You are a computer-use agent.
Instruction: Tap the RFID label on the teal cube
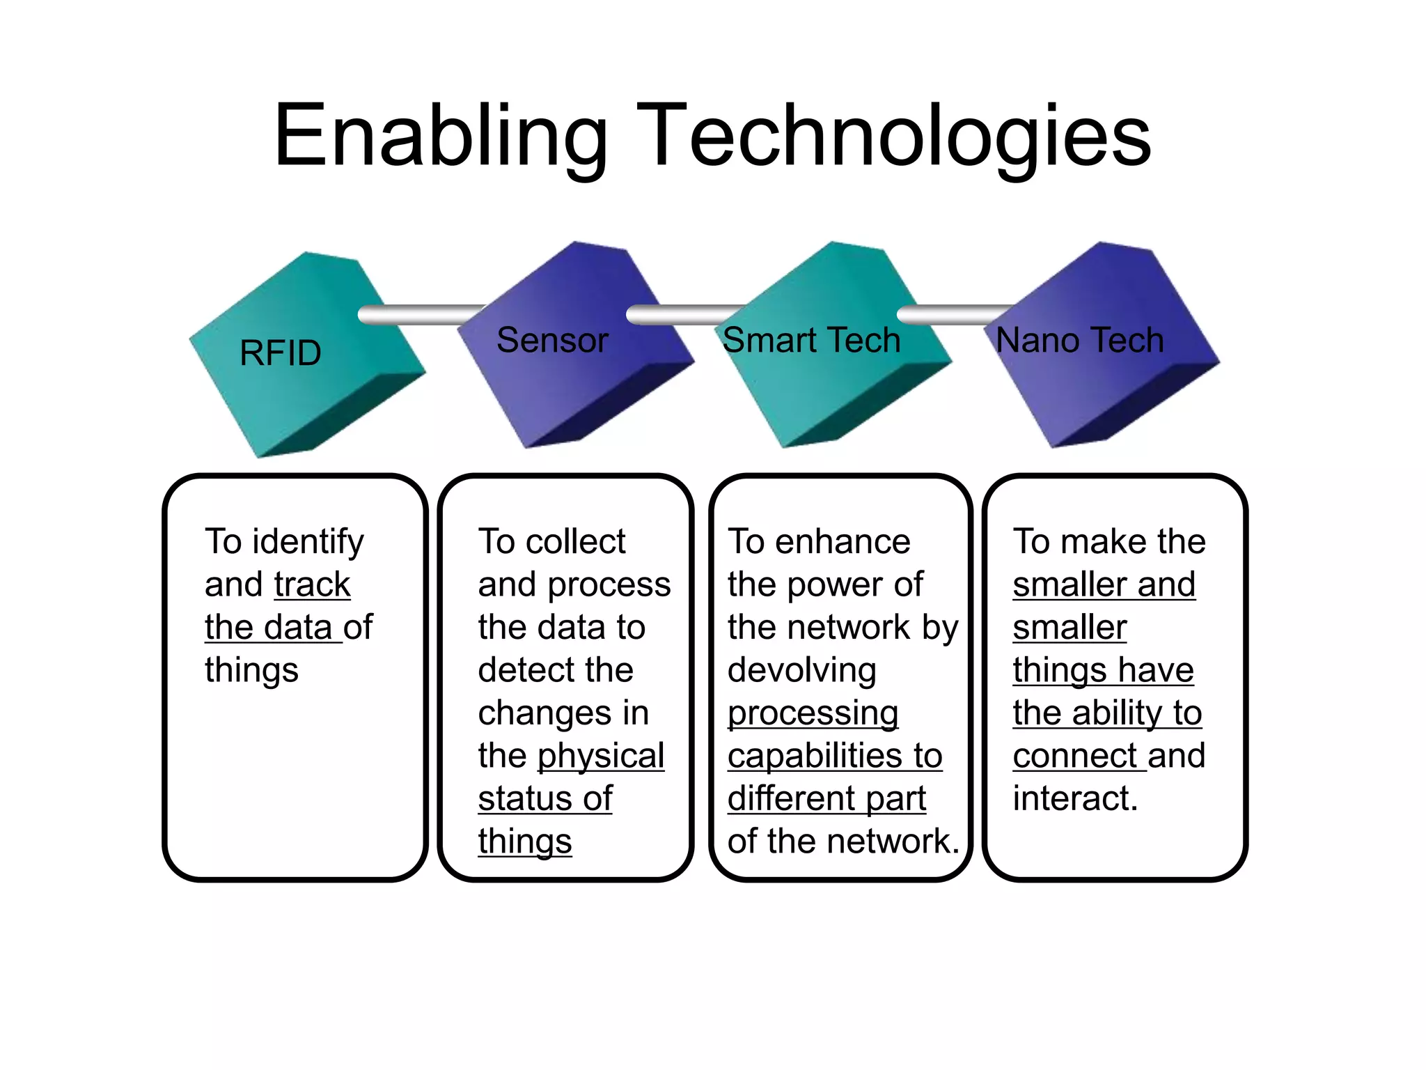coord(280,352)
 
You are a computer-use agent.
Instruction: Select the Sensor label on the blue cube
coord(552,340)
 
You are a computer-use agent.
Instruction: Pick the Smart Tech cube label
coord(811,340)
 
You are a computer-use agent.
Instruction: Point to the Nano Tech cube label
coord(1079,340)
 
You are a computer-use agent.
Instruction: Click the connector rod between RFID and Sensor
coord(421,315)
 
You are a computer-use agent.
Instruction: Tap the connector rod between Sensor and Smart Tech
coord(686,315)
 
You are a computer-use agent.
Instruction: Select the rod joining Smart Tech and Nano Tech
coord(954,315)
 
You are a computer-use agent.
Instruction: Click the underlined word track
coord(312,584)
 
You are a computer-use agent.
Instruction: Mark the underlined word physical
coord(601,756)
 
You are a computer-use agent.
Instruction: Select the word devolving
coord(801,669)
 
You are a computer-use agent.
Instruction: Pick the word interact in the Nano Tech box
coord(1075,798)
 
